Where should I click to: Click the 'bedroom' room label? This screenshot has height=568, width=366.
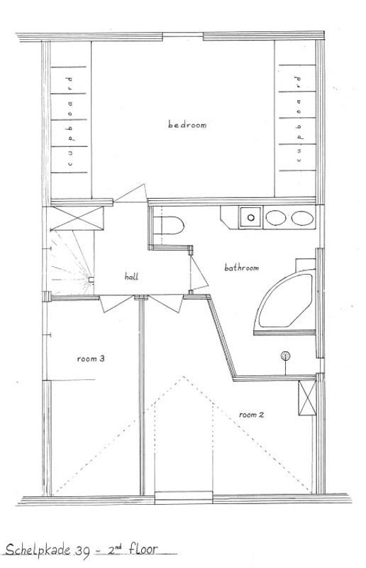tap(187, 126)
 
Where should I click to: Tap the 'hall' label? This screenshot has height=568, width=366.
tap(131, 276)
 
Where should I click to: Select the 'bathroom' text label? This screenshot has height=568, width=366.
tap(241, 268)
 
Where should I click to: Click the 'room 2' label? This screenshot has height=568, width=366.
tap(252, 414)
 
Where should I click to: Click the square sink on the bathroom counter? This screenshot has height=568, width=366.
tap(249, 218)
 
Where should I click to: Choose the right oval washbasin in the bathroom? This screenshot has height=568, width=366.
tap(301, 218)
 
